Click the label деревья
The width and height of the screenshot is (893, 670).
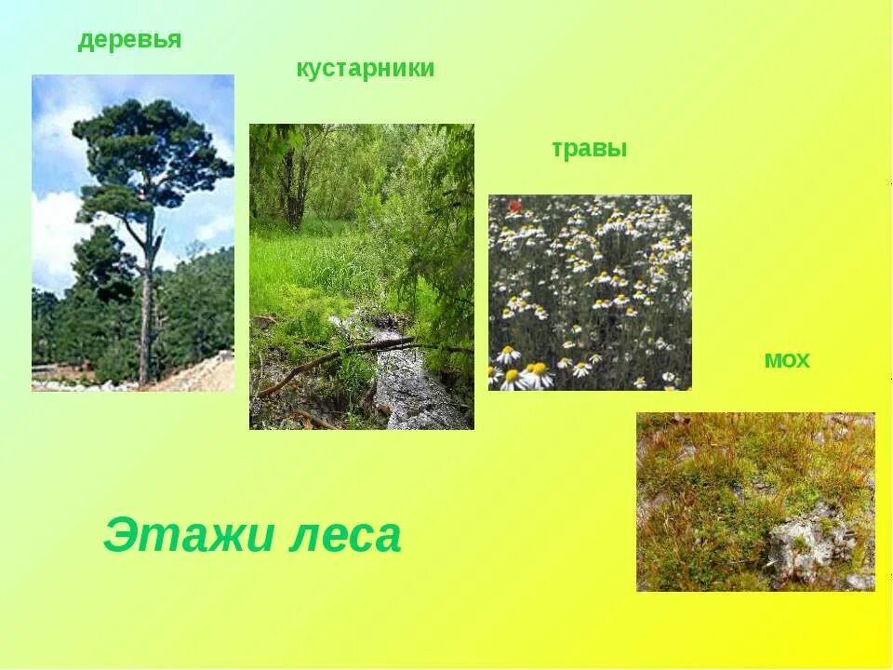coord(129,41)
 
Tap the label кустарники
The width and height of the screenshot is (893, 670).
coord(365,69)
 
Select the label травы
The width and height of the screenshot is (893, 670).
coord(589,149)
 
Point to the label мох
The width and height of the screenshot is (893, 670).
coord(786,361)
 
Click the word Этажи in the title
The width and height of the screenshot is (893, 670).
coord(185,537)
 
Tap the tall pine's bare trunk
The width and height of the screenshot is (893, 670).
coord(145,316)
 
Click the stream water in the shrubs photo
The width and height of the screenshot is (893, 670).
coord(409,391)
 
